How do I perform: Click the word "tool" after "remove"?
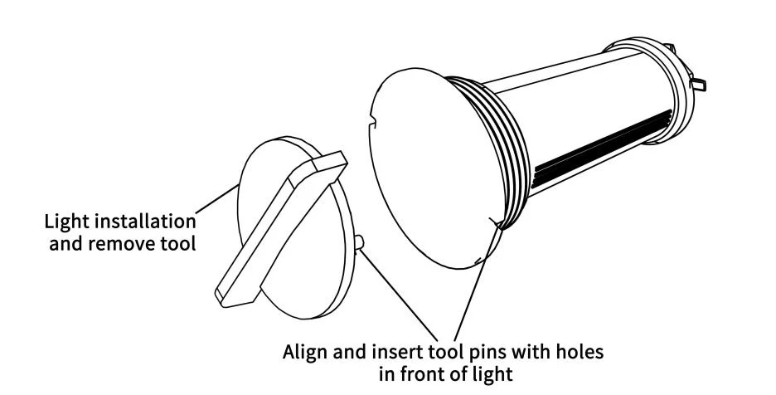coord(177,243)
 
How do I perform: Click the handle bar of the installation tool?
coord(281,228)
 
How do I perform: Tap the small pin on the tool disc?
coord(360,243)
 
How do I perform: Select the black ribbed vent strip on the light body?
coord(602,149)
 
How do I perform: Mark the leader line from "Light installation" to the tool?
coord(216,199)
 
